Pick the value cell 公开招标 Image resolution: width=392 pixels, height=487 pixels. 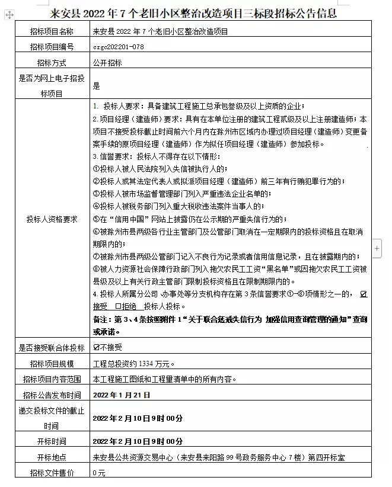pyautogui.click(x=106, y=63)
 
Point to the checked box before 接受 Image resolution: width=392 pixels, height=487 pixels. pyautogui.click(x=364, y=294)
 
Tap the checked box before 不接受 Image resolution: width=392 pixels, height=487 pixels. pyautogui.click(x=97, y=348)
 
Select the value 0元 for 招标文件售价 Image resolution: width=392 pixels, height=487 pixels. pyautogui.click(x=98, y=472)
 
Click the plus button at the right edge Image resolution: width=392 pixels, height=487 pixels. pyautogui.click(x=377, y=248)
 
